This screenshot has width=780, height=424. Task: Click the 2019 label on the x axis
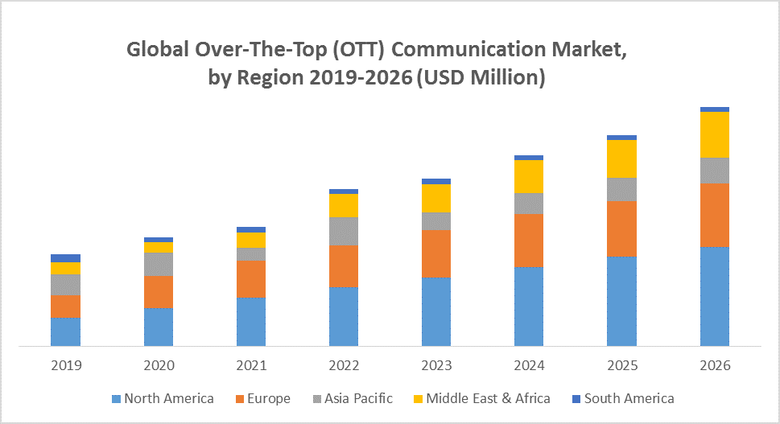[66, 365]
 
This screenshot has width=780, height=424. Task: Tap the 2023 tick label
[436, 365]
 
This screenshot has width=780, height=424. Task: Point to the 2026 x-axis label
[714, 365]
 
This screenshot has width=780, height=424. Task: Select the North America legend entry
[163, 398]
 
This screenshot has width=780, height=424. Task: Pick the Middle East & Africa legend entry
[481, 398]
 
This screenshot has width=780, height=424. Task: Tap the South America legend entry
[622, 398]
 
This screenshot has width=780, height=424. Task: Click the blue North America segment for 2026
[714, 296]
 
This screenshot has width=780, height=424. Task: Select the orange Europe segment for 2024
[529, 240]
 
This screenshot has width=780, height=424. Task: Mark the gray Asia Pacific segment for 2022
[344, 231]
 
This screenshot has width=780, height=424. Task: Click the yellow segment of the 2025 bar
[621, 158]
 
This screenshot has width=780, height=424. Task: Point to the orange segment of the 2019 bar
[66, 307]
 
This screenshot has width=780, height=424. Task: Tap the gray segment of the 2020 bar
[159, 264]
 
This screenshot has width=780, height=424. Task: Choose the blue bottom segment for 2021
[251, 322]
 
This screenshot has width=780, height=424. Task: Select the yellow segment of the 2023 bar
[436, 198]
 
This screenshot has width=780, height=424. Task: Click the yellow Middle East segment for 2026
[714, 134]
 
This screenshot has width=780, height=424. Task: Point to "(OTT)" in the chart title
[354, 50]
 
